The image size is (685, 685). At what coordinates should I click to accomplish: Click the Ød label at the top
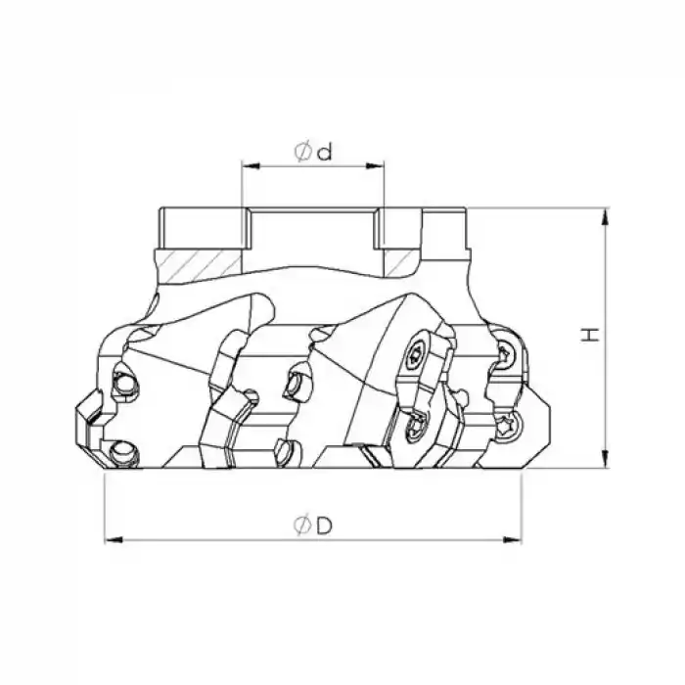(x=313, y=151)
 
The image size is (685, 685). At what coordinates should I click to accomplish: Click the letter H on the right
(x=589, y=335)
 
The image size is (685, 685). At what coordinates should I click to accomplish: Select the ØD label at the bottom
(x=313, y=525)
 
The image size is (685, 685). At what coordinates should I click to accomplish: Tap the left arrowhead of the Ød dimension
(x=248, y=167)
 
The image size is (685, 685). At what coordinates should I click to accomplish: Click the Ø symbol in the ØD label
(x=300, y=525)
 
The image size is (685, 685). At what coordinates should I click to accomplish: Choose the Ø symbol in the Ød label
(x=302, y=151)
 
